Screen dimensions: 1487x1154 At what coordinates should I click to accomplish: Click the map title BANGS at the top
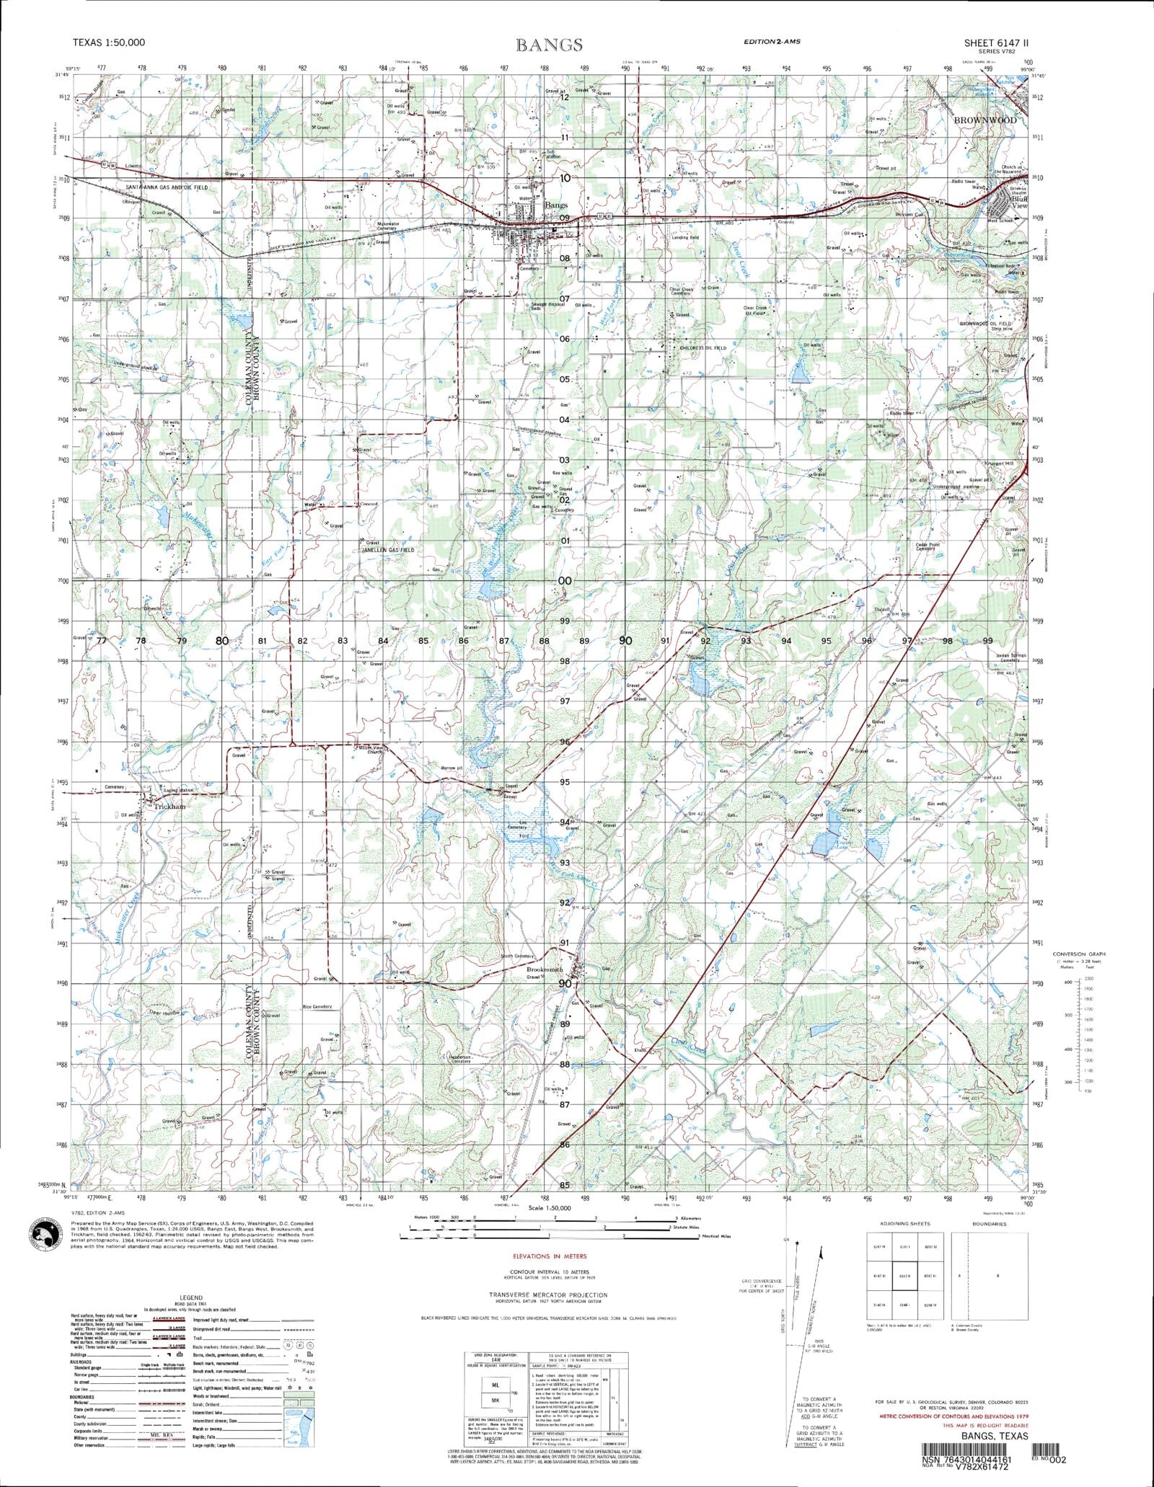(549, 45)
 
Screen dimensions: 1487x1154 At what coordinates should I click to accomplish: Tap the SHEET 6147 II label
(996, 43)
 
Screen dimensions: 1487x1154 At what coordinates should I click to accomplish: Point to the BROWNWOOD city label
(985, 120)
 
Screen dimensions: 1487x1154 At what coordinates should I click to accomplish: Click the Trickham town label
(169, 807)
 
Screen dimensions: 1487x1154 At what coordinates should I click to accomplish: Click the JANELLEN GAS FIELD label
(387, 550)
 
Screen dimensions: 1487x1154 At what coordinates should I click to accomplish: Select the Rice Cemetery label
(317, 1006)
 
